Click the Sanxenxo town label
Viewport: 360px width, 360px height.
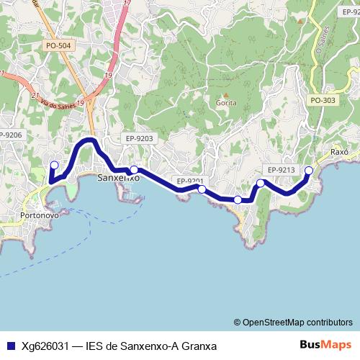(x=118, y=177)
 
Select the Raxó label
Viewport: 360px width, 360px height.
(x=339, y=153)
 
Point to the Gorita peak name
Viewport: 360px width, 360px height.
(x=226, y=103)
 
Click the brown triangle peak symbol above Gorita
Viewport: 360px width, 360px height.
(x=225, y=94)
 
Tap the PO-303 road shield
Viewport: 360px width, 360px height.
(x=323, y=100)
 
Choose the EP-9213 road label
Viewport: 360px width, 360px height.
(x=281, y=170)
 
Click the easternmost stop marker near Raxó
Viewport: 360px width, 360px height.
(x=309, y=171)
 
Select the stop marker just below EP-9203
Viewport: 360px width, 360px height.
(x=134, y=170)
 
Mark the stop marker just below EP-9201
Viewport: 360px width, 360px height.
(x=202, y=189)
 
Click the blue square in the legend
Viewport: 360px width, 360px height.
(x=10, y=346)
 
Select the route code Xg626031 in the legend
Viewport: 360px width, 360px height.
(x=45, y=346)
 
